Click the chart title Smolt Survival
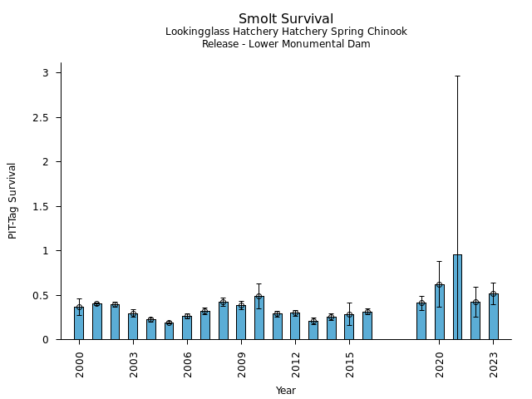(x=286, y=19)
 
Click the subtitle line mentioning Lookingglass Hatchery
(x=286, y=32)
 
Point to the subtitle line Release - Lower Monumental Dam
(x=286, y=44)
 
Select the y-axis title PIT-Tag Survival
(x=12, y=200)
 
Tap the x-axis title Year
(x=286, y=391)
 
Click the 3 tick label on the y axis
(x=47, y=73)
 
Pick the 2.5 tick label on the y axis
(x=42, y=117)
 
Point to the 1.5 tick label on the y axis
(x=42, y=206)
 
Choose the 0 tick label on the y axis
(x=47, y=339)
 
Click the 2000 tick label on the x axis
(x=79, y=363)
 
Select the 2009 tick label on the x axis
(x=241, y=363)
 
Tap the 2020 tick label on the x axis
(x=440, y=363)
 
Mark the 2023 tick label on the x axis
(x=494, y=363)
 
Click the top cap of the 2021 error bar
(x=457, y=76)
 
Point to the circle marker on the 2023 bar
(x=494, y=293)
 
